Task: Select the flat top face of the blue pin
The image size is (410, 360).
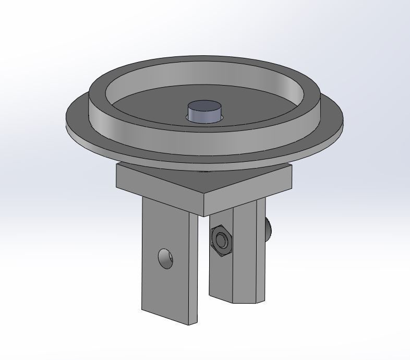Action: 204,106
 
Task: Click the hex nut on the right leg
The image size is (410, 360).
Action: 221,241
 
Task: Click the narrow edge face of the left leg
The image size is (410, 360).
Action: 193,271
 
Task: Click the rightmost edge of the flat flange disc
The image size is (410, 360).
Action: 343,119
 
